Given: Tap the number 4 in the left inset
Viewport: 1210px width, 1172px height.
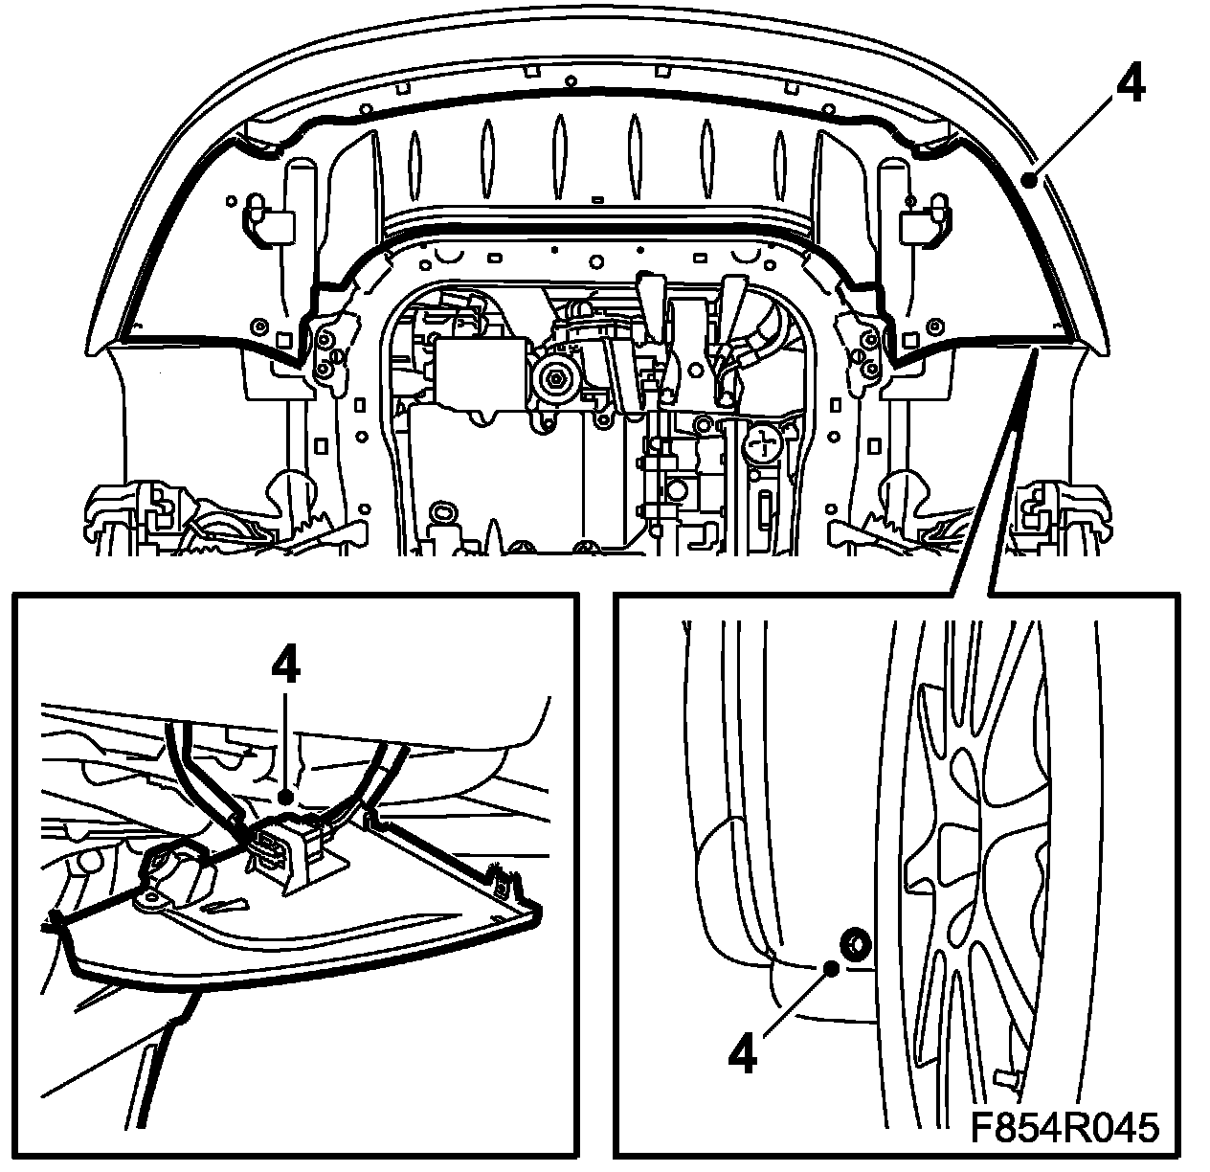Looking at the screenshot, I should click(285, 665).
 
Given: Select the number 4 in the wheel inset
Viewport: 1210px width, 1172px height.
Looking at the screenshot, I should click(743, 1054).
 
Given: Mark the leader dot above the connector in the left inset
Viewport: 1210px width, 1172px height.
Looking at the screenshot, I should click(284, 794).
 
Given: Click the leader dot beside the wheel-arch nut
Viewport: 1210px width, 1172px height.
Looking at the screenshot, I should click(832, 968).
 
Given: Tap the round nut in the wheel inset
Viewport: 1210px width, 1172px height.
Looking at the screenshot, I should click(852, 943).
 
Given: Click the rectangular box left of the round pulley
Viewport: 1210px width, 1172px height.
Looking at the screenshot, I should click(479, 369).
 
